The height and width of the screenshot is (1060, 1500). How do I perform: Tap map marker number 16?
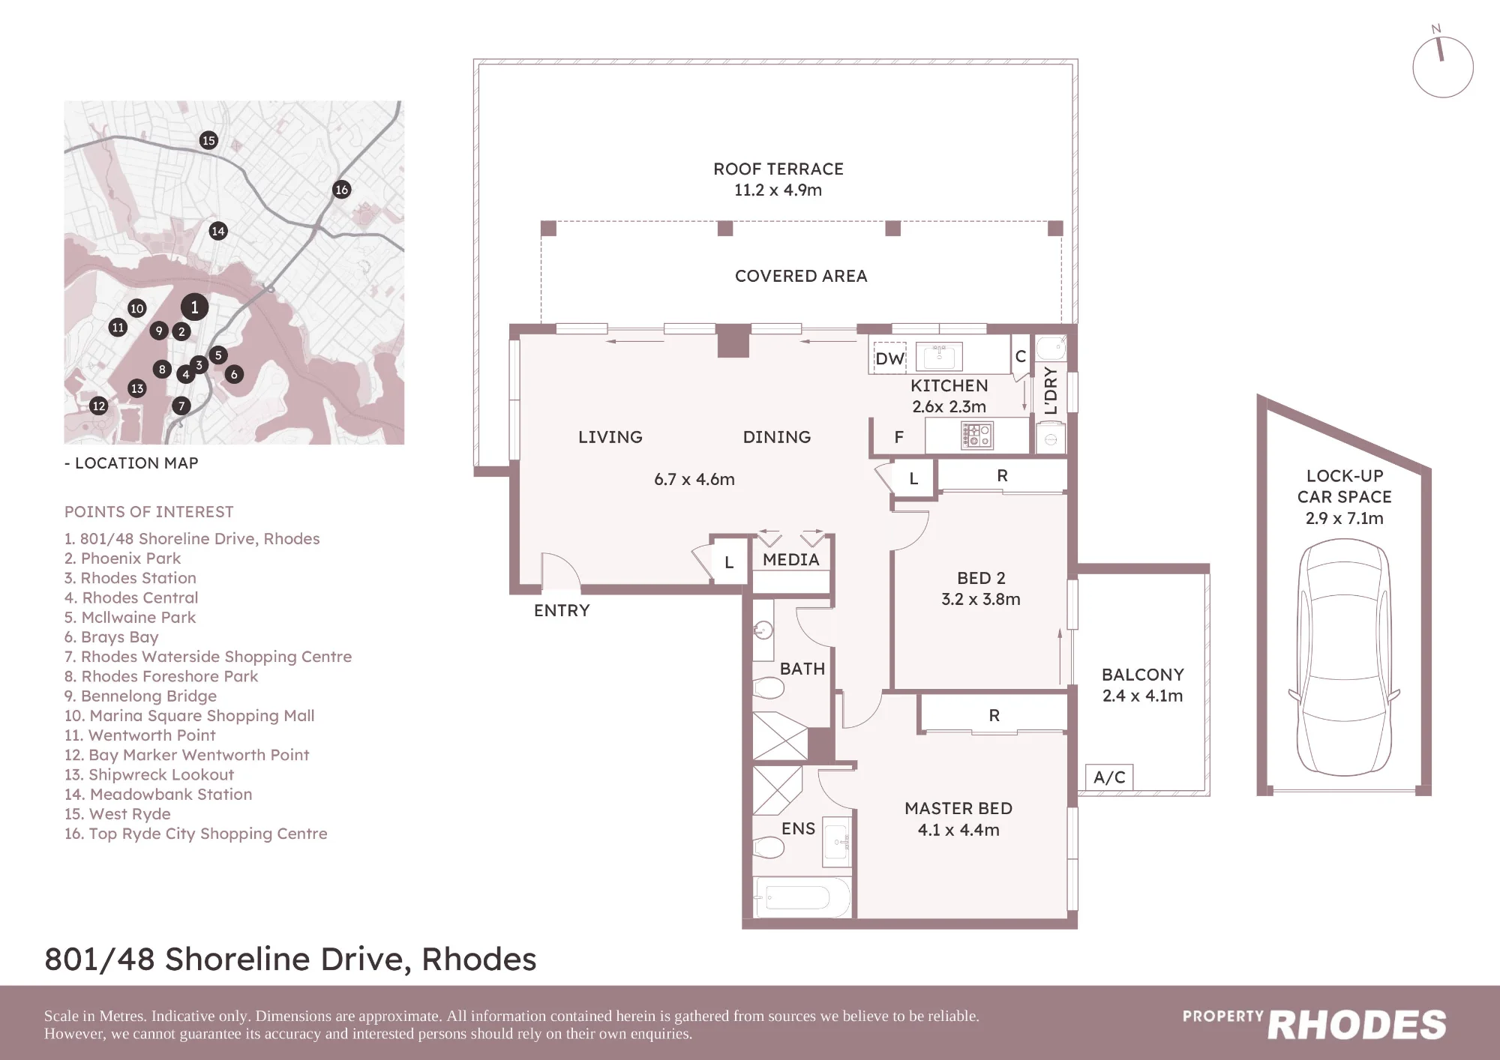[341, 190]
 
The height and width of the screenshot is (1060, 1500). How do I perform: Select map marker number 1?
[194, 307]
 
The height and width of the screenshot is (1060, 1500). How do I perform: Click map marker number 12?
[98, 406]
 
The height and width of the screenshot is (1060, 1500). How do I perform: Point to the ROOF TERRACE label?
[778, 169]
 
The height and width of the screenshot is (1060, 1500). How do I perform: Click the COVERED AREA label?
[801, 276]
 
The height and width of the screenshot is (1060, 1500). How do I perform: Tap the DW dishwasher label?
[890, 359]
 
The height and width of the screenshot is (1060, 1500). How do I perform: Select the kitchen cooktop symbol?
[977, 435]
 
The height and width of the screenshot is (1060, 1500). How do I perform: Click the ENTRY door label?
[562, 610]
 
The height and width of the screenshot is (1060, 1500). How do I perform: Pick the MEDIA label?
[791, 559]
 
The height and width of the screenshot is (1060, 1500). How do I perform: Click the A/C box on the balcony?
[1109, 777]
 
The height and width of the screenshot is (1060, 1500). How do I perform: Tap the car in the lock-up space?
[1344, 657]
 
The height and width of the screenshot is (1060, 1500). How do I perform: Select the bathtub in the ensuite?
[803, 897]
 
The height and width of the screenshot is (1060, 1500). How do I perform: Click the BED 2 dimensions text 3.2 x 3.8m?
[981, 599]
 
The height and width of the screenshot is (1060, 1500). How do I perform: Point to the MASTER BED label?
[958, 808]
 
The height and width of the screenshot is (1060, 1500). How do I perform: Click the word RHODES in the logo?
[1357, 1025]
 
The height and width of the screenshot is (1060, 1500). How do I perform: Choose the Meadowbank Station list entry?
[158, 794]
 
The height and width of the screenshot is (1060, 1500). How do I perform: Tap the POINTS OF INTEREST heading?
[148, 512]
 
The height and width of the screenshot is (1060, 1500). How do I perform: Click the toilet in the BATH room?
[768, 687]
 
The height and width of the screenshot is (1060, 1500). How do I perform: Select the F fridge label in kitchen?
[898, 437]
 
